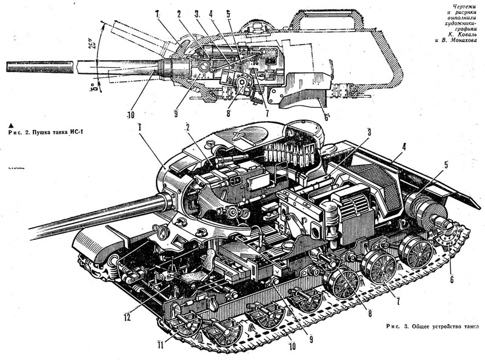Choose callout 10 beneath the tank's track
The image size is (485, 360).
pos(292,345)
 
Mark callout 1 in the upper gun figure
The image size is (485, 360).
pos(156,13)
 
